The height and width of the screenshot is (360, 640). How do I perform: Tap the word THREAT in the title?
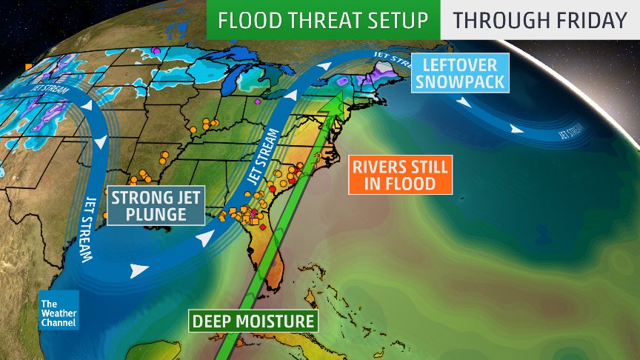(x=324, y=19)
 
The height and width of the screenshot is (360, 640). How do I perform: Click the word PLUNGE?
(x=156, y=216)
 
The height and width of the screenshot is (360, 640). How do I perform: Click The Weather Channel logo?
(x=59, y=309)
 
